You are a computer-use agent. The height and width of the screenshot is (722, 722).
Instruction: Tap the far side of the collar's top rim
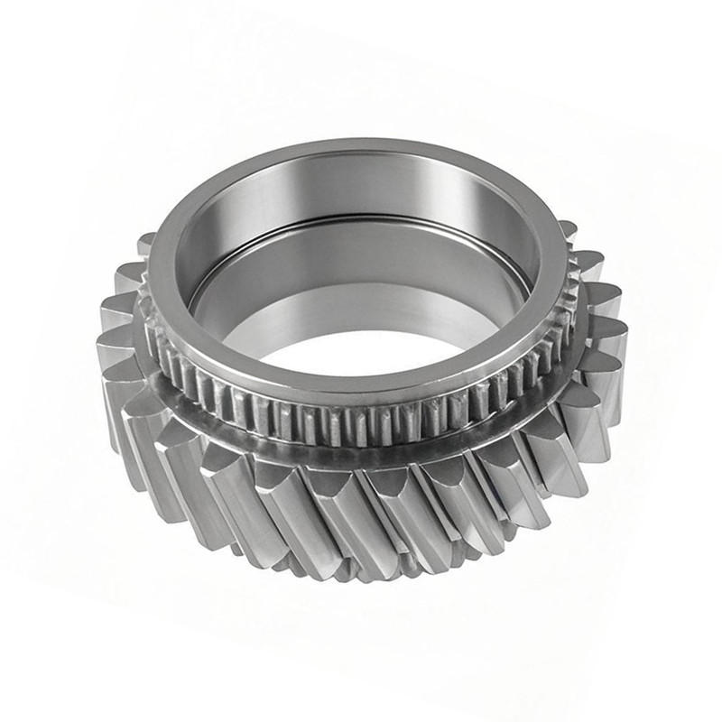(361, 150)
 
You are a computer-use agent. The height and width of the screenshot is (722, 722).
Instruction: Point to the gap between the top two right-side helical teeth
(579, 245)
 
